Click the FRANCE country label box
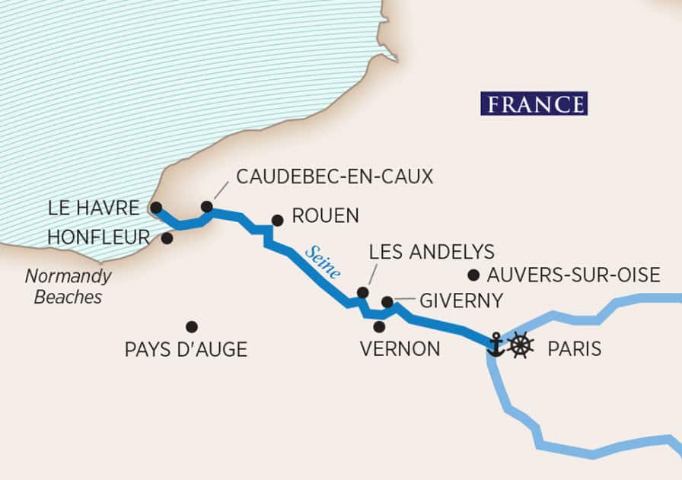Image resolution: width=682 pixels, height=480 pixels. click(x=534, y=103)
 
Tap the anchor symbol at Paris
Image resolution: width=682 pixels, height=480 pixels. click(x=496, y=345)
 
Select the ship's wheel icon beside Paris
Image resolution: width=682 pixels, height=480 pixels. click(x=521, y=345)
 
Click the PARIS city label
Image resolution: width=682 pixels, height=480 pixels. click(x=575, y=349)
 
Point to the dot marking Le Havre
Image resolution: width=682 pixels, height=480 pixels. click(x=155, y=207)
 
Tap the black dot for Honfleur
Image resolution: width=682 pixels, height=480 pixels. click(x=167, y=238)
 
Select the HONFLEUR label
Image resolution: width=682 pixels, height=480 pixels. click(x=98, y=238)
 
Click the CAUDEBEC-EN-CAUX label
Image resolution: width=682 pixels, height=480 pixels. click(x=334, y=176)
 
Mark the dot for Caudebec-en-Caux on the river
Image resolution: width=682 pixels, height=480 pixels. click(x=206, y=206)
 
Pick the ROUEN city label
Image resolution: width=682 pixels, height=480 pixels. click(x=325, y=216)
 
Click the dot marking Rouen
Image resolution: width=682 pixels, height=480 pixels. click(x=277, y=220)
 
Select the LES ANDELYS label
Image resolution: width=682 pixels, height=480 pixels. click(x=431, y=252)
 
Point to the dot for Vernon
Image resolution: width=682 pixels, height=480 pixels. click(x=379, y=326)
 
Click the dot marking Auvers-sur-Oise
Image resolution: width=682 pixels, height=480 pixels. click(x=473, y=275)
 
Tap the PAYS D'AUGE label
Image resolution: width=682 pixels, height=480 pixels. click(x=186, y=350)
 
